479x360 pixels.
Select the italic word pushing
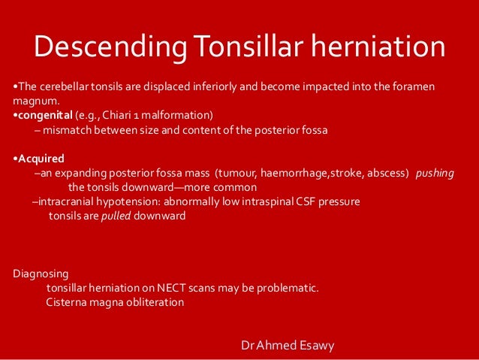click(435, 173)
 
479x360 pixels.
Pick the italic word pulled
click(116, 216)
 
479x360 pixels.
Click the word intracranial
click(64, 201)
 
